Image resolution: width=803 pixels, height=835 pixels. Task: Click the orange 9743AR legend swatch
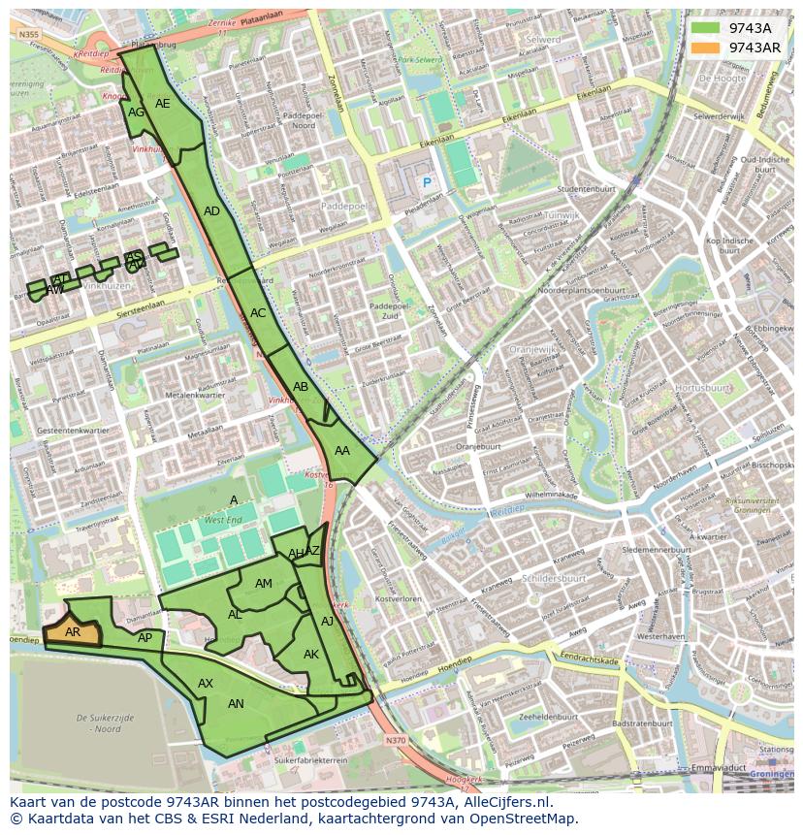pos(705,48)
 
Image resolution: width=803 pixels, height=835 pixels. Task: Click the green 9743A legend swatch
pos(705,28)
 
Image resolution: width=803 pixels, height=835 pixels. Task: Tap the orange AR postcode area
pos(73,632)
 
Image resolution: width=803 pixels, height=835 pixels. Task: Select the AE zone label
pos(163,104)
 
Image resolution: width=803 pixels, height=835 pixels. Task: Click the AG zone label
pos(137,112)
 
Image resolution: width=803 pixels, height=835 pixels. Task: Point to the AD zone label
pos(211,211)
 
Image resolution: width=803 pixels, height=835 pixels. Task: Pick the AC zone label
pos(258,313)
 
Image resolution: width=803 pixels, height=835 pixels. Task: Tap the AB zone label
pos(301,387)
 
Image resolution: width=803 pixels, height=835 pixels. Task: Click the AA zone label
pos(342,451)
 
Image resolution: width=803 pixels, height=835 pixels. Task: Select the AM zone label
pos(264,584)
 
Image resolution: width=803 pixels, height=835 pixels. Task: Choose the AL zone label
pos(235,615)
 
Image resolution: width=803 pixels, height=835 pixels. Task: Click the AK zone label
pos(311,655)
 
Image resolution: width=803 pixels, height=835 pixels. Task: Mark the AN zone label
pos(236,704)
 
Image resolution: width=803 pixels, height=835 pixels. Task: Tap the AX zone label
pos(206,684)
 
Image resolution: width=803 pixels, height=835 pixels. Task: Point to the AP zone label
pos(145,638)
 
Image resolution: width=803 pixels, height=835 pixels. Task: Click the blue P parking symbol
pos(425,181)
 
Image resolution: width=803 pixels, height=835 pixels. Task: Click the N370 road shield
pos(395,740)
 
